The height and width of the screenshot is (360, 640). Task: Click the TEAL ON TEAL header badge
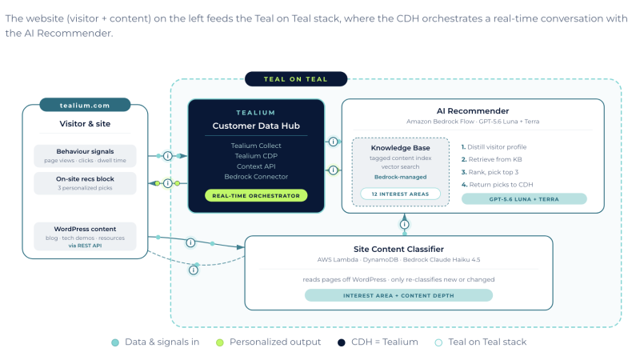coord(296,78)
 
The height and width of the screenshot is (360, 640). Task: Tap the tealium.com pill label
coord(85,105)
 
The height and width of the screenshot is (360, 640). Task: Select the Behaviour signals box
coord(85,155)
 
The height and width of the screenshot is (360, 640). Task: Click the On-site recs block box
coord(85,183)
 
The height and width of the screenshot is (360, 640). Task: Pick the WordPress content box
coord(85,236)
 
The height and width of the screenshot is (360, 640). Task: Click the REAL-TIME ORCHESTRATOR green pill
coord(256,195)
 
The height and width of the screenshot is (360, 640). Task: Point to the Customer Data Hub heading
coord(256,126)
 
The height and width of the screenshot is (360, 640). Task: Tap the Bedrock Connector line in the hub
coord(256,177)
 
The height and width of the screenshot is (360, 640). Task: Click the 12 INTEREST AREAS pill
coord(401,194)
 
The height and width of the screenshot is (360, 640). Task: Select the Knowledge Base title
coord(401,148)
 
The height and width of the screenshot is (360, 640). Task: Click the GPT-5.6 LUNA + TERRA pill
coord(524,199)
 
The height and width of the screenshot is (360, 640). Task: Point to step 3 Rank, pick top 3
coord(490,172)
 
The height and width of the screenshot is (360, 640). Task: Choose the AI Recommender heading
coord(473,110)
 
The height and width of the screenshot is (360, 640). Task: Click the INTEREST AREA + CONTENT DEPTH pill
coord(398,295)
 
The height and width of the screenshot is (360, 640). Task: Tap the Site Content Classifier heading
coord(398,249)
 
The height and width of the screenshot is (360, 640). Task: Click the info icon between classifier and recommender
coord(405,224)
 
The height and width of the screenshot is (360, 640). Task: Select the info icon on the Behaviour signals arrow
coord(168,156)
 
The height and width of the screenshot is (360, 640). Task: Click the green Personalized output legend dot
coord(219,342)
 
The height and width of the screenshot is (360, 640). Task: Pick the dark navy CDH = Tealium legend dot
coord(342,342)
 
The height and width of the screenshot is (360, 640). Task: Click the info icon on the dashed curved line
coord(194,270)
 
